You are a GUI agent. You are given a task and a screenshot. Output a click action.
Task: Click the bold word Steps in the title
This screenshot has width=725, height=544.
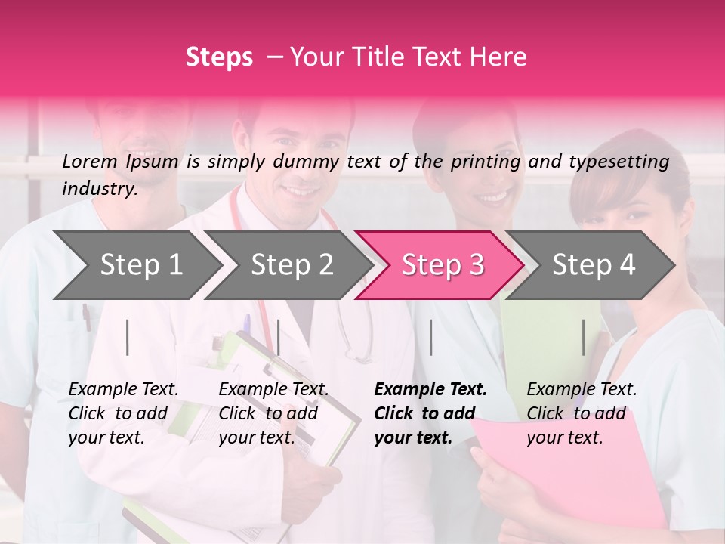[x=219, y=57]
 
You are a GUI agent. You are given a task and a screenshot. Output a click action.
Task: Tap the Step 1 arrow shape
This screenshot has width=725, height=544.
[x=141, y=265]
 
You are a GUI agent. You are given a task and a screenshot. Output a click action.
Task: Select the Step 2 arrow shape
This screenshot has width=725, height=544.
[x=292, y=265]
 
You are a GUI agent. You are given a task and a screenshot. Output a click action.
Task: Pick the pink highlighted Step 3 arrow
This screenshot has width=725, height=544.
[x=443, y=265]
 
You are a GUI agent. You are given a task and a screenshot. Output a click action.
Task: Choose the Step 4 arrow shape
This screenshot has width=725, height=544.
[x=594, y=265]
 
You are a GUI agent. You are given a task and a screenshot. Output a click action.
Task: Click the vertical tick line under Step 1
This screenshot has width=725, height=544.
[x=128, y=337]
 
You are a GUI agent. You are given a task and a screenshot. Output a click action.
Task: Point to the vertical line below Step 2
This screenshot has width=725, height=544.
[x=279, y=337]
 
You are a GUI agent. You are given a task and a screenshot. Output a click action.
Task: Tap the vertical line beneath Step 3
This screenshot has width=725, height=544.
[x=431, y=337]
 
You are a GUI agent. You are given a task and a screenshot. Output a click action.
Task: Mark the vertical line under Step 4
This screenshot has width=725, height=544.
[x=583, y=337]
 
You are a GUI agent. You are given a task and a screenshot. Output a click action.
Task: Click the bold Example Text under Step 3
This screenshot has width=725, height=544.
[x=430, y=390]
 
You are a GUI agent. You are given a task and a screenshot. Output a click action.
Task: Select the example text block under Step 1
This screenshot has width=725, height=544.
[x=123, y=413]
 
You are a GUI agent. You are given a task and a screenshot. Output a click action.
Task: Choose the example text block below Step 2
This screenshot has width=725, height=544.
[x=273, y=413]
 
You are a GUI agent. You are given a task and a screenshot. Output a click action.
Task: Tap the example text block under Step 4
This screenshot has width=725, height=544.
[x=582, y=413]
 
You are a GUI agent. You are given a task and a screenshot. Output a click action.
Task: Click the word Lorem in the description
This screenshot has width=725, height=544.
[x=89, y=161]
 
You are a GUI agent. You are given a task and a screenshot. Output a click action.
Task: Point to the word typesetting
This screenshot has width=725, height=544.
[x=619, y=161]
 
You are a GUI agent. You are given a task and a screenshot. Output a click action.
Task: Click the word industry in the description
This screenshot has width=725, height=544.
[x=99, y=189]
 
